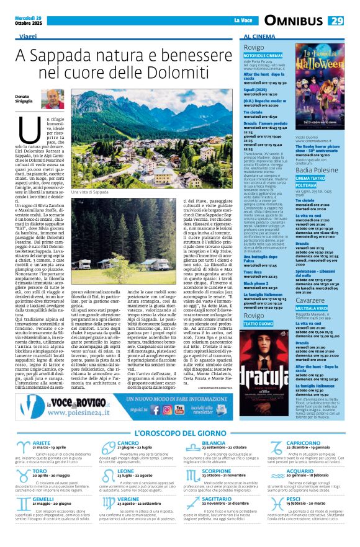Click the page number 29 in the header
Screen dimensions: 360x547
click(x=336, y=20)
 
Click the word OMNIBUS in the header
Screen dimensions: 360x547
click(x=294, y=20)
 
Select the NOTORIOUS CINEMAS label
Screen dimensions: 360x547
click(x=263, y=55)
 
